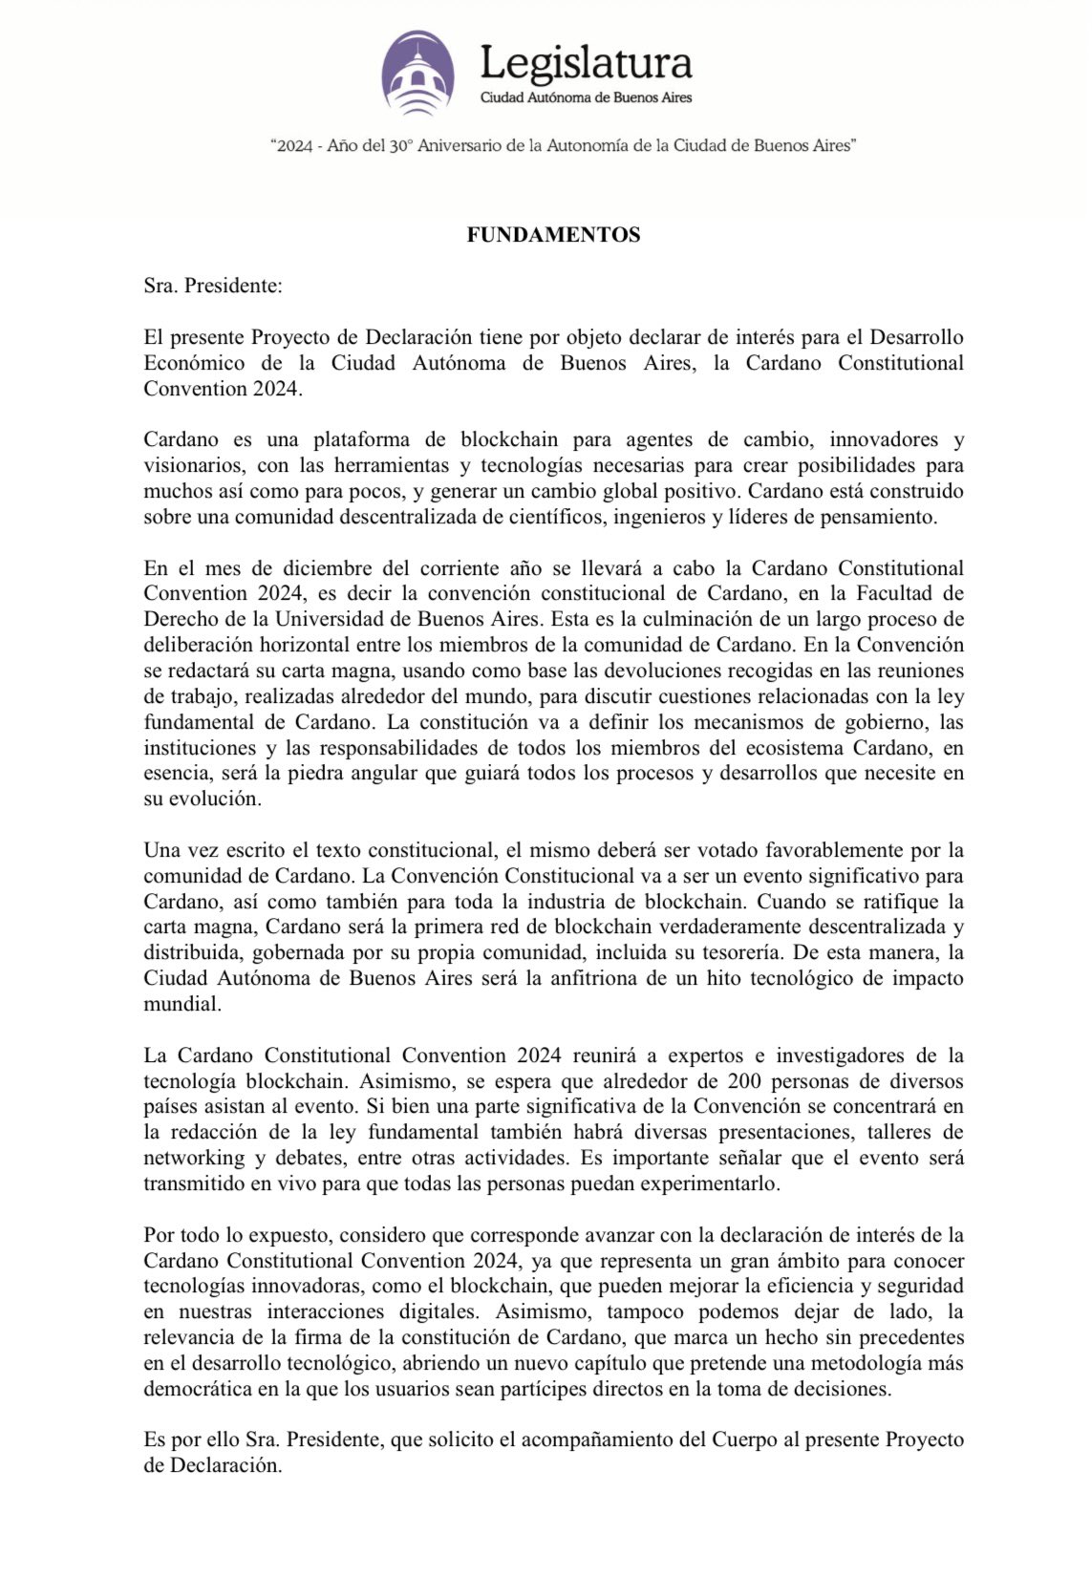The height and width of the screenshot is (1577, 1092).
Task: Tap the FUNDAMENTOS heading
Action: click(553, 235)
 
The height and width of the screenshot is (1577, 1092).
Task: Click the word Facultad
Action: click(897, 594)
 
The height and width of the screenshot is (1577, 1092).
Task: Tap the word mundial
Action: click(182, 1005)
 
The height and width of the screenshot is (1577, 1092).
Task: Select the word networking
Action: click(194, 1159)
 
